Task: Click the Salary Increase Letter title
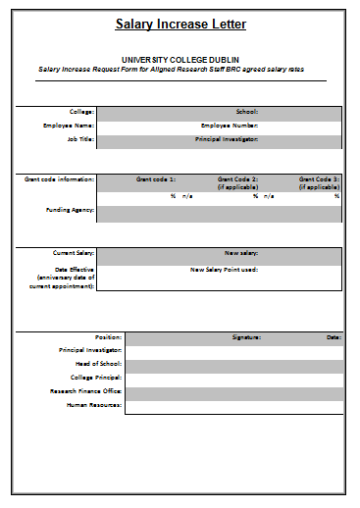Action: (180, 24)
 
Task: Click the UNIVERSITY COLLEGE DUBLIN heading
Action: (180, 60)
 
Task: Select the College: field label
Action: (81, 112)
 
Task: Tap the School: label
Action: (246, 112)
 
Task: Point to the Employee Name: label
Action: (69, 126)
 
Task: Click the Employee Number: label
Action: (230, 126)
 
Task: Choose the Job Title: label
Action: (79, 139)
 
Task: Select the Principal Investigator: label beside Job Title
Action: (227, 139)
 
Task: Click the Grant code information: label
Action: (60, 179)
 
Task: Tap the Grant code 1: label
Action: (156, 179)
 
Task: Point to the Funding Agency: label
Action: (71, 209)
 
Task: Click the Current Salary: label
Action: (74, 253)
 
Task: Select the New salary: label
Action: (241, 253)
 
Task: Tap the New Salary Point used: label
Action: (224, 269)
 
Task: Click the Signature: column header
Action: (246, 336)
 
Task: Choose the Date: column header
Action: (334, 336)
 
